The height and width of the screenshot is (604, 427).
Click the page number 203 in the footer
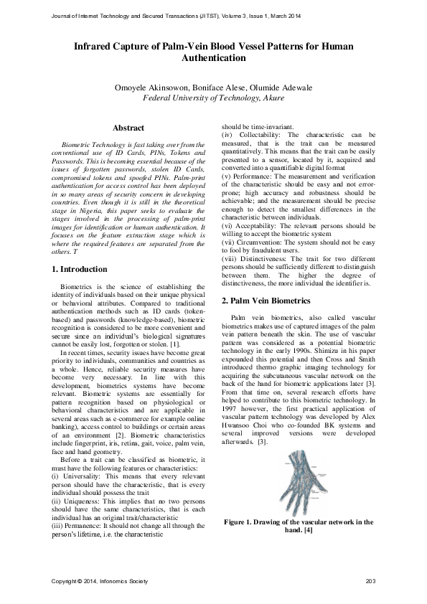(370, 580)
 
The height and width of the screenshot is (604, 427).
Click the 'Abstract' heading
(128, 128)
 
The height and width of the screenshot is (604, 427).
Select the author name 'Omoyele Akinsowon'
(164, 88)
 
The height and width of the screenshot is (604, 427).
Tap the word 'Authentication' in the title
(213, 57)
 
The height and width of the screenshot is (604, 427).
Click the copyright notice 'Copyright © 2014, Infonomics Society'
(95, 580)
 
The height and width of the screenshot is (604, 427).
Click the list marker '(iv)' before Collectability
(227, 134)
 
